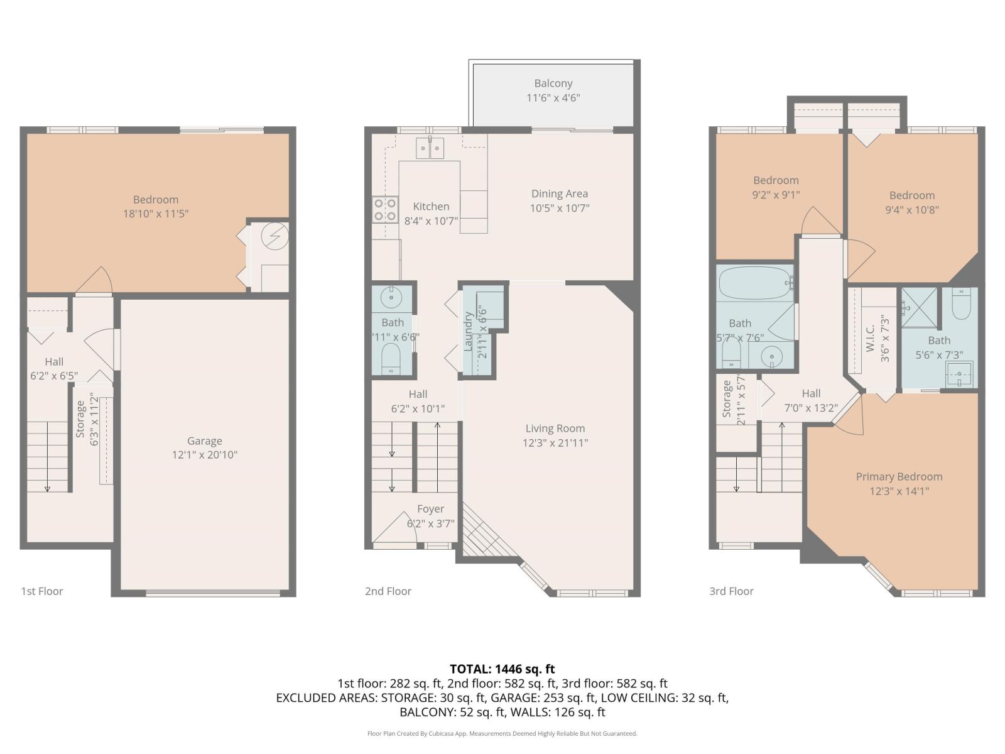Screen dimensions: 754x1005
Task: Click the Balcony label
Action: click(553, 83)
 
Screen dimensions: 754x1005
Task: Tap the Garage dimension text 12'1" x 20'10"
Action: click(204, 455)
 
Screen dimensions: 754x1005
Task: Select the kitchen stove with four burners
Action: click(385, 209)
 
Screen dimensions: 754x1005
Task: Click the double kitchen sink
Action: click(430, 149)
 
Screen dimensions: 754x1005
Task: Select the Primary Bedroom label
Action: click(899, 476)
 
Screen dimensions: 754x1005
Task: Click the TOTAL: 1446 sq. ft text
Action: click(502, 669)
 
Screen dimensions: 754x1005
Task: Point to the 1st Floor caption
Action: click(42, 591)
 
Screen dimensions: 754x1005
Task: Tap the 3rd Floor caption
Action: click(731, 591)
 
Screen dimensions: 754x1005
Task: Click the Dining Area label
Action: click(559, 194)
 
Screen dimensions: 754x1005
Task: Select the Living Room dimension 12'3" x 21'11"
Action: click(555, 443)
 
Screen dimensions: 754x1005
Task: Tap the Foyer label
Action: click(430, 509)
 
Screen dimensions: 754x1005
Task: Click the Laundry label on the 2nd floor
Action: click(468, 331)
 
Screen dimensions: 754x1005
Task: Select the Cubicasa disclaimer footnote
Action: click(502, 733)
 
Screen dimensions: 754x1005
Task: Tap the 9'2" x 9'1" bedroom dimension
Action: click(776, 195)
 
